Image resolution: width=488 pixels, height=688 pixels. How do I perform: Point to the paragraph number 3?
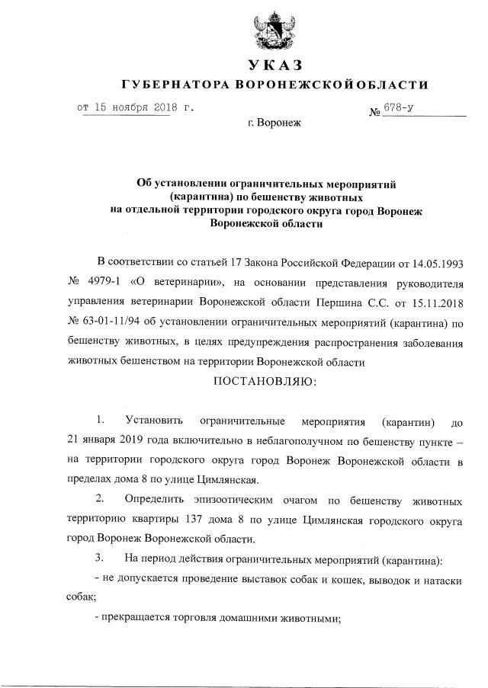pyautogui.click(x=99, y=559)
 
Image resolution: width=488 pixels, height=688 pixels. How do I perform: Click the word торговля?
pyautogui.click(x=188, y=619)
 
